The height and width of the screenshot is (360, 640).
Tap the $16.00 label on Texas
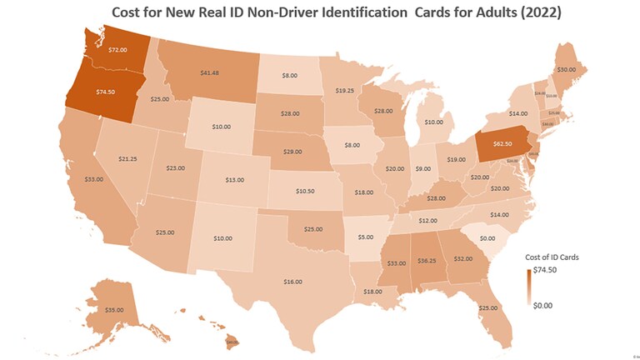(292, 282)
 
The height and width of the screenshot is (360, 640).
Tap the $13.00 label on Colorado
(235, 179)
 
